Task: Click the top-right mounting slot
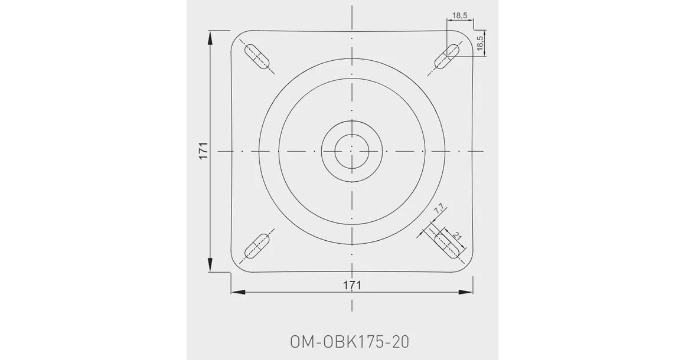point(446,56)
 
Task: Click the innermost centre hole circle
point(352,152)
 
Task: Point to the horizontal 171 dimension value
point(352,284)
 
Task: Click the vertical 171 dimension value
point(203,152)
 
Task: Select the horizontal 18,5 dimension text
point(461,15)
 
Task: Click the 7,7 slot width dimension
point(439,210)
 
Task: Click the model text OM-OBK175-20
point(350,342)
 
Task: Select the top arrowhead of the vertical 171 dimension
point(211,37)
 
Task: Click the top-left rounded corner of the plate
point(235,36)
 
